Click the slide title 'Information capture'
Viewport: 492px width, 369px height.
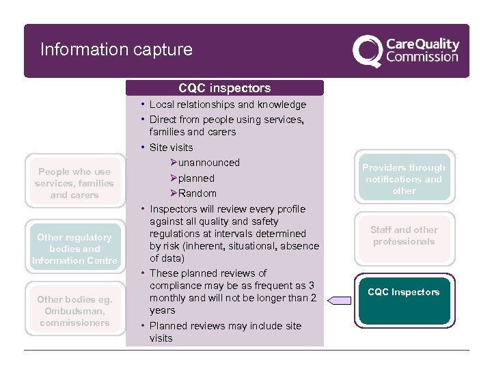click(x=116, y=50)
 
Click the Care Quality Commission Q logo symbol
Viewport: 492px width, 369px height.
click(x=368, y=51)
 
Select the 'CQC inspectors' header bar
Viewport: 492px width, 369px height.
click(x=224, y=87)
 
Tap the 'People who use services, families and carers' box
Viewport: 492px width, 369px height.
click(x=74, y=183)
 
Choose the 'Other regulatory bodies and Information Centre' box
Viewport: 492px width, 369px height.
click(x=74, y=249)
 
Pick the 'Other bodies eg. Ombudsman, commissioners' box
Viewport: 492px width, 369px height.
click(x=74, y=311)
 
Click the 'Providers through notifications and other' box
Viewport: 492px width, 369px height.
click(x=404, y=179)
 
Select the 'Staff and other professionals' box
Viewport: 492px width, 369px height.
click(x=404, y=236)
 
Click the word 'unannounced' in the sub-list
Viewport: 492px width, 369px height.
click(x=208, y=163)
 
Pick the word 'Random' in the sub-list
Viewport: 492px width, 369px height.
click(x=197, y=193)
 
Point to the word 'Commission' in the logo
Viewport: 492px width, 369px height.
click(x=422, y=57)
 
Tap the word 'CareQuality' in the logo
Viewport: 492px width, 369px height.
click(x=423, y=44)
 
